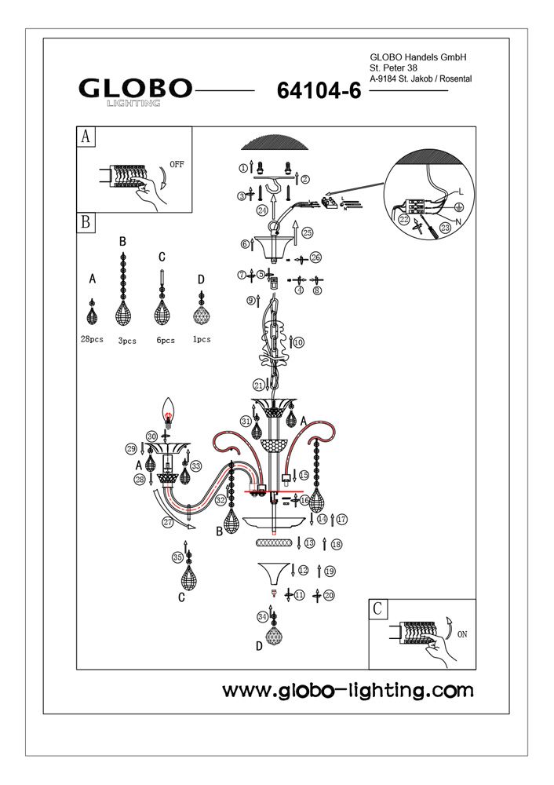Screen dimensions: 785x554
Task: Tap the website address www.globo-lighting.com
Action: click(348, 691)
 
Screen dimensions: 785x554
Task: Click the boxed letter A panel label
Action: click(86, 137)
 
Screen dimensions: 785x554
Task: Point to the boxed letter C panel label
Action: click(377, 608)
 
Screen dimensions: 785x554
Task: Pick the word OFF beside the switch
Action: click(177, 166)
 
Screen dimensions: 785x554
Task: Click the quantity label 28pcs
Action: click(93, 340)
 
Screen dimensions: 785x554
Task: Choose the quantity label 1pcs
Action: click(201, 340)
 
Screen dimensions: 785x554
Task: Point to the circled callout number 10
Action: click(298, 342)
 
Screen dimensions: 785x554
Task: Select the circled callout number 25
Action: click(307, 232)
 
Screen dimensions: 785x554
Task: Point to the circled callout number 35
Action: click(178, 557)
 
